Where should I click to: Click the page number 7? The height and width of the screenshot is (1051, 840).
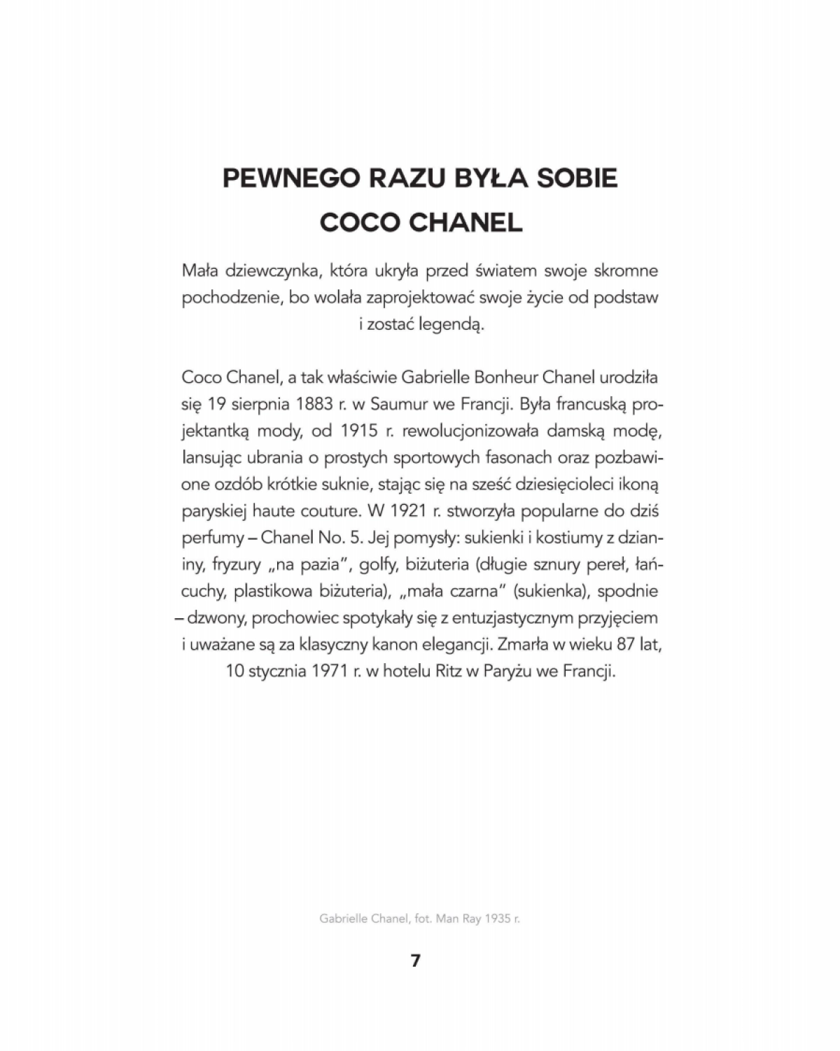[x=416, y=961]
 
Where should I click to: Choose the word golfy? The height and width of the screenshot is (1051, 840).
[x=377, y=564]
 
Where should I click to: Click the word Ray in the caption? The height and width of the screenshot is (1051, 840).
[x=471, y=919]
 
